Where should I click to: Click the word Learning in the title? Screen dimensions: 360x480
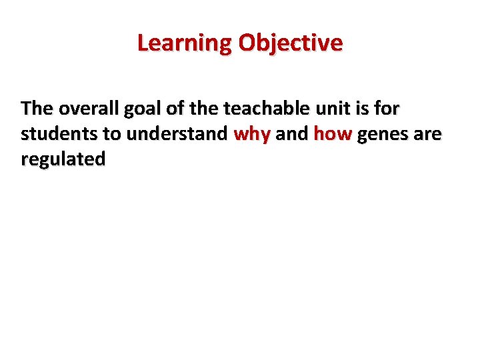tap(185, 43)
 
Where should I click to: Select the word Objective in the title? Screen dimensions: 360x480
tap(290, 43)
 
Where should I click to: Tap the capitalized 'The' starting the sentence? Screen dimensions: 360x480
tap(36, 108)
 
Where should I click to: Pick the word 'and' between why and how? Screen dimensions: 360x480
tap(291, 134)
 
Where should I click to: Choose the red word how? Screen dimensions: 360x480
tap(332, 134)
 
